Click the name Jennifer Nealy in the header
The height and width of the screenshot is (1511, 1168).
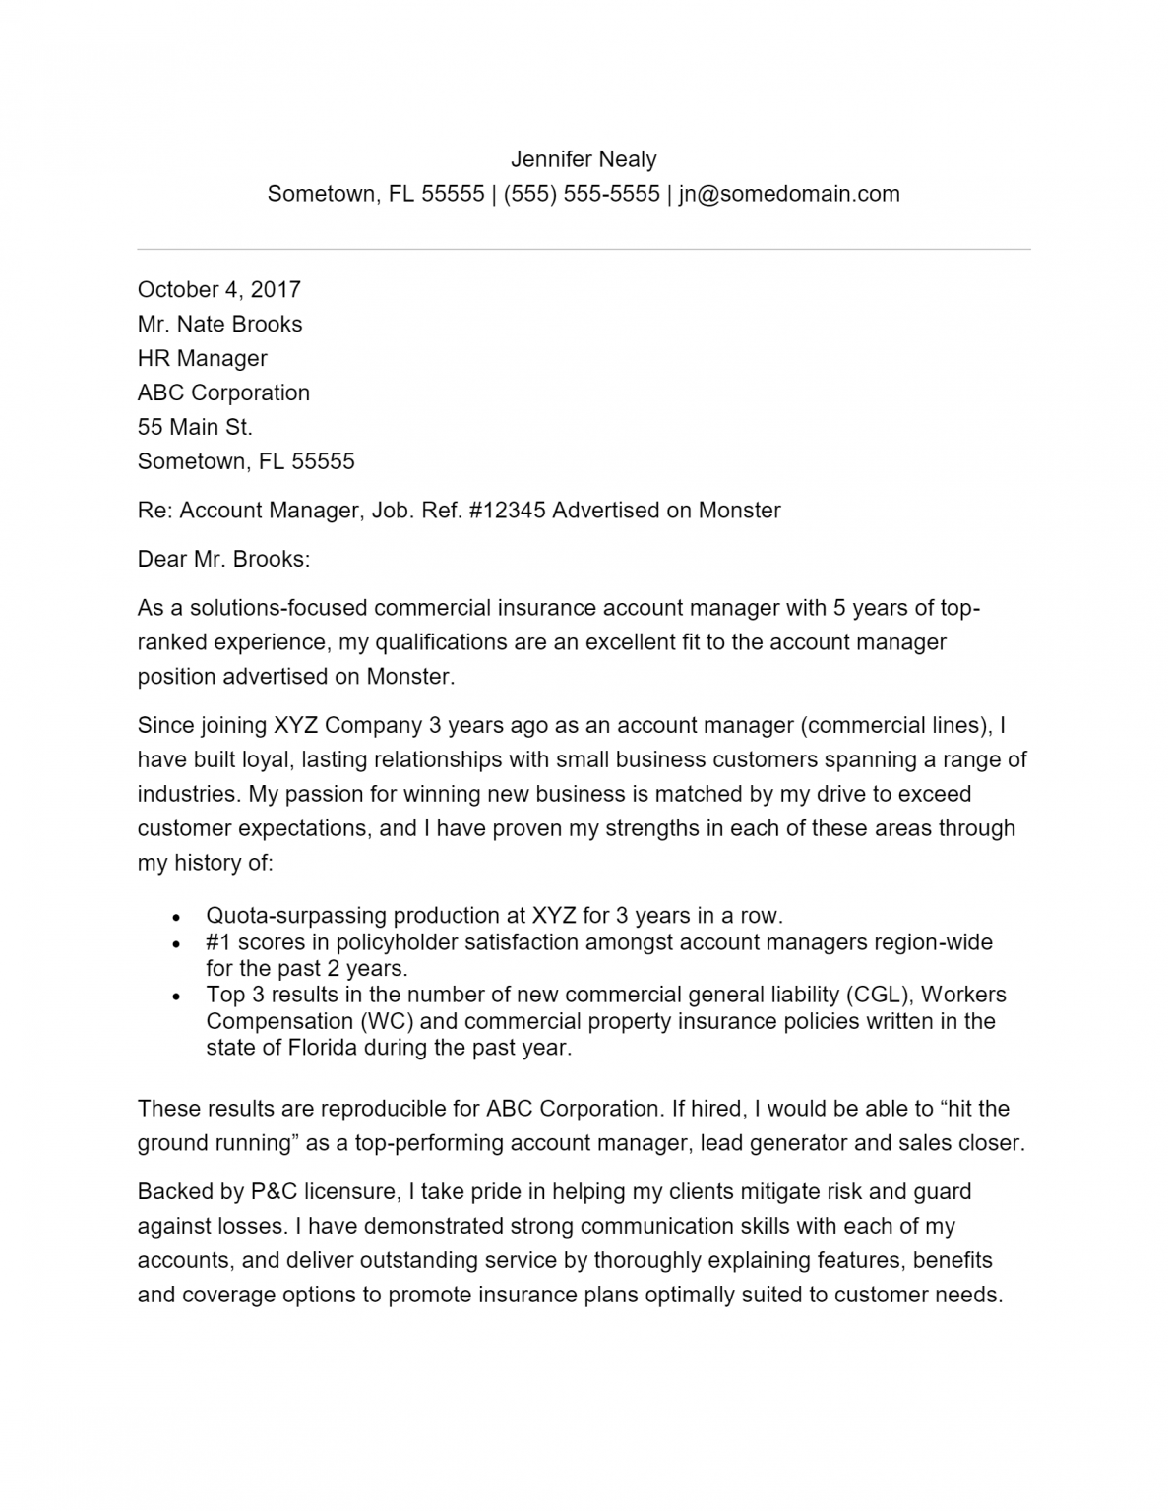584,159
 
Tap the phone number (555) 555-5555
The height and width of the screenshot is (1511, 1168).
582,194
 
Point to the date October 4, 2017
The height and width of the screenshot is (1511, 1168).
218,289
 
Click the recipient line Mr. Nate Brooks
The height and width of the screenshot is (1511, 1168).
219,324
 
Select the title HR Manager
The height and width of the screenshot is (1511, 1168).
202,358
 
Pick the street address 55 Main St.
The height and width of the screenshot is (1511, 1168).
195,427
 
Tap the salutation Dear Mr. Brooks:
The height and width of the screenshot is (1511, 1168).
223,560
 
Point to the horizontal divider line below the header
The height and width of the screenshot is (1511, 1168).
584,249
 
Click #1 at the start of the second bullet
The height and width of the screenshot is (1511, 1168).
217,942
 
